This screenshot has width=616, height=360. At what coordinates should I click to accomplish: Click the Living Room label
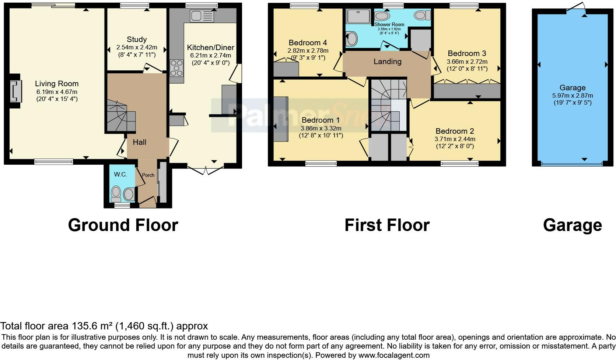pyautogui.click(x=57, y=84)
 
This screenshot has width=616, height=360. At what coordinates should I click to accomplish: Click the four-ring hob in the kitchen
pyautogui.click(x=177, y=68)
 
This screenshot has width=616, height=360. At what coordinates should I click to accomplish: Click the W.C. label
pyautogui.click(x=120, y=174)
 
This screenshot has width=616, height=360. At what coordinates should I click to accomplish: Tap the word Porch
pyautogui.click(x=148, y=175)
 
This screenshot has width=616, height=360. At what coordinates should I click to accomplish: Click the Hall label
pyautogui.click(x=140, y=142)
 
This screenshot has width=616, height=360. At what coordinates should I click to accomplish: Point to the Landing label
pyautogui.click(x=387, y=62)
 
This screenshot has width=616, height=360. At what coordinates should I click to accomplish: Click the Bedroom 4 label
pyautogui.click(x=308, y=43)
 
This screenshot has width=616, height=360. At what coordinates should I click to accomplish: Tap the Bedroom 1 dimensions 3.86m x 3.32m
pyautogui.click(x=321, y=128)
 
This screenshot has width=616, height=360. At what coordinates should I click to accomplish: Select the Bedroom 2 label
pyautogui.click(x=454, y=131)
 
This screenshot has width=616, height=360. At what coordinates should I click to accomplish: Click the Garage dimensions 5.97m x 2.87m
pyautogui.click(x=572, y=95)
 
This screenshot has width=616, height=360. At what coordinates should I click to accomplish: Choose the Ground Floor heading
pyautogui.click(x=123, y=225)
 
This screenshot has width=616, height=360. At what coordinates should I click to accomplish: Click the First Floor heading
pyautogui.click(x=387, y=225)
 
